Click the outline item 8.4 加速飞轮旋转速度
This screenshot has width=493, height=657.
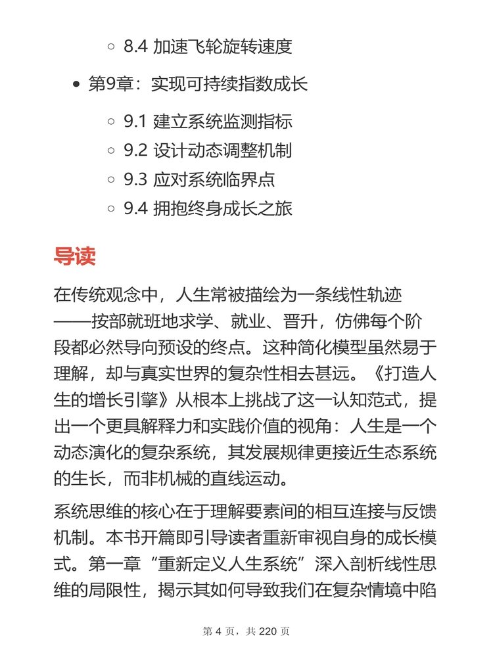click(208, 47)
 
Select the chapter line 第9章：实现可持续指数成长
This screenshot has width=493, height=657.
click(198, 85)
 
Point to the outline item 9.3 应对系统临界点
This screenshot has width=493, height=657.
click(199, 180)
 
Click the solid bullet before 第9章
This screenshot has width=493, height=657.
click(76, 85)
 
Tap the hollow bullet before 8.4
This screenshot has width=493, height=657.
click(111, 47)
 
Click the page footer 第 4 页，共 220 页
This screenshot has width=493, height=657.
click(246, 631)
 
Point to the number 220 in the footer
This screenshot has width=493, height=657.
click(270, 631)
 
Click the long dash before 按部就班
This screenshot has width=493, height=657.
click(72, 323)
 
